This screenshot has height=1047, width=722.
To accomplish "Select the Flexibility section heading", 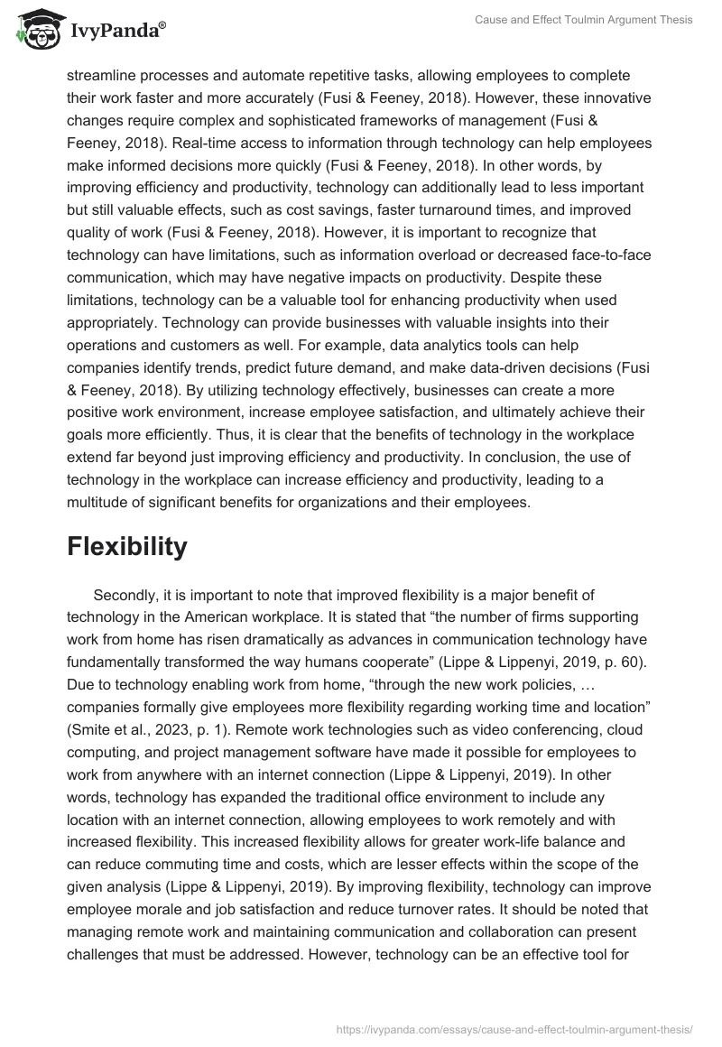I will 126,546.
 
